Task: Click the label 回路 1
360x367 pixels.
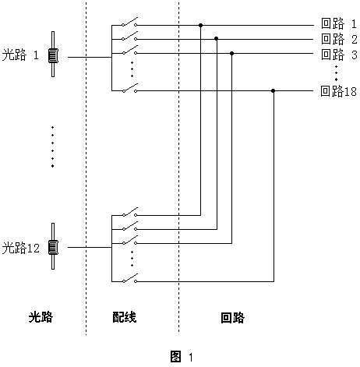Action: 339,23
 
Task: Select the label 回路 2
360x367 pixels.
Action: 339,39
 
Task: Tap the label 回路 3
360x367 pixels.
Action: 339,55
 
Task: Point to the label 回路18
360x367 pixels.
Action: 338,91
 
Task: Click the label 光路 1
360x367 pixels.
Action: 20,55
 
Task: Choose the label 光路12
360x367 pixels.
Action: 21,248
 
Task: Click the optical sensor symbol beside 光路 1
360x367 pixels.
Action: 53,55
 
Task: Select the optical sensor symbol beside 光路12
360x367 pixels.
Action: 53,246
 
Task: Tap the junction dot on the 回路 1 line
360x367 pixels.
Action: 200,25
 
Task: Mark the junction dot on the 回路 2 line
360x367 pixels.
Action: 216,39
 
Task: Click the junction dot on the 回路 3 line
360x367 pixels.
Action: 232,53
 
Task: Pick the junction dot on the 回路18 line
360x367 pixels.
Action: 273,90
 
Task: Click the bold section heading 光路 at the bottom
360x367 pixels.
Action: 41,317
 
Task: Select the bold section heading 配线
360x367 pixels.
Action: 125,317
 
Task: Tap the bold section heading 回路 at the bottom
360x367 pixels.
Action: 232,318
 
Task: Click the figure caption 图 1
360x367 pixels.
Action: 182,356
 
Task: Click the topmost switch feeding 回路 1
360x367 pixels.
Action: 129,22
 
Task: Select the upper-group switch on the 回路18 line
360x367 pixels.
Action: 129,88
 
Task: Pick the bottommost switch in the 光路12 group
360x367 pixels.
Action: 129,278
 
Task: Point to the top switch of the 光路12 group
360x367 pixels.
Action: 129,212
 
